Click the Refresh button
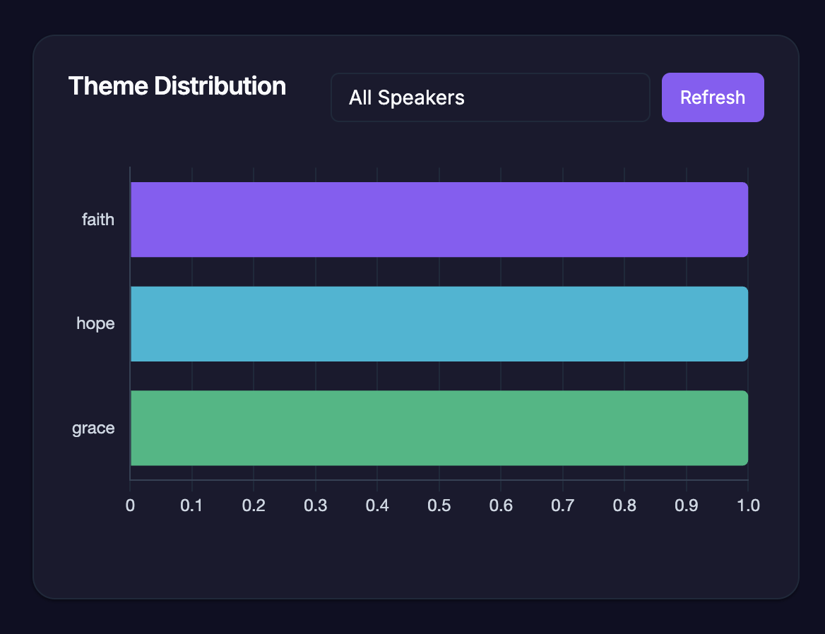coord(713,97)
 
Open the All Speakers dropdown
coord(489,97)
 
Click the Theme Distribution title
coord(177,86)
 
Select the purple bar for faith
coord(439,220)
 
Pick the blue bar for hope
coord(439,324)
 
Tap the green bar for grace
coord(439,428)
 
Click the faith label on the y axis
coord(98,220)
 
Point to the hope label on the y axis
coord(95,324)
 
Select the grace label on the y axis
coord(93,429)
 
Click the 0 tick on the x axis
coord(130,506)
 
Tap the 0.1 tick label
coord(191,506)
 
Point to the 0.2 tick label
coord(254,506)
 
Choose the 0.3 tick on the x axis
coord(315,506)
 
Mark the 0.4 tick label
coord(377,506)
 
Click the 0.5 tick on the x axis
coord(439,506)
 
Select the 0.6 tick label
coord(501,506)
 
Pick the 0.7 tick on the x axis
coord(562,506)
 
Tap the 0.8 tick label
coord(624,506)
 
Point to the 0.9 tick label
coord(686,506)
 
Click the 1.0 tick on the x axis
coord(748,506)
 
